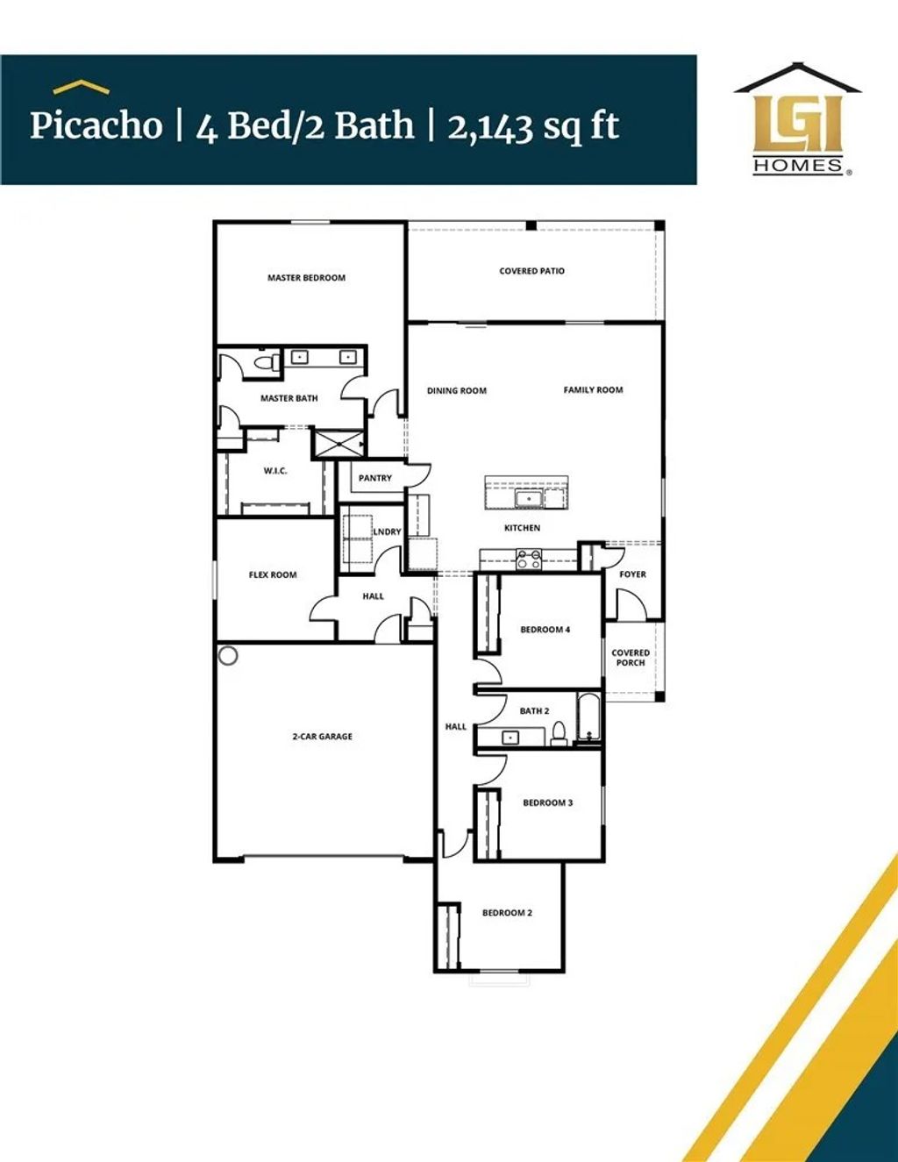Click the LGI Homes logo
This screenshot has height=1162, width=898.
click(798, 120)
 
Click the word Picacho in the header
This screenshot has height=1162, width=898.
click(96, 125)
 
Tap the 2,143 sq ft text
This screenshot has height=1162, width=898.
click(533, 126)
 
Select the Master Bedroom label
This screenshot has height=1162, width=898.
click(306, 278)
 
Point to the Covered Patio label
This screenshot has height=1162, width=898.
click(532, 271)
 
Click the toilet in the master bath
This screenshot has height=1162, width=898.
click(266, 361)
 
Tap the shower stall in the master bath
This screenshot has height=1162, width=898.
click(338, 444)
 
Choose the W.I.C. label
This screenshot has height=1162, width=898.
click(275, 472)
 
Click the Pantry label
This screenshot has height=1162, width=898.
click(375, 478)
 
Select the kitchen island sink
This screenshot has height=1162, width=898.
click(528, 499)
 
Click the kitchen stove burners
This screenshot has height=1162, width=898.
click(529, 560)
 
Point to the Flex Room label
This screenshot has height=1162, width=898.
click(273, 575)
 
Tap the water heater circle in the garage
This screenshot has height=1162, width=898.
click(228, 656)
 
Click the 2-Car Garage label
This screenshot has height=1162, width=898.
click(323, 737)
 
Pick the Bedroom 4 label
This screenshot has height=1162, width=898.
click(545, 630)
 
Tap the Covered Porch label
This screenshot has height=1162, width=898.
click(631, 658)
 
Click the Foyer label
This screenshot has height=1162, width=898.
click(633, 574)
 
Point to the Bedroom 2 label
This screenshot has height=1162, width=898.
click(507, 913)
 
